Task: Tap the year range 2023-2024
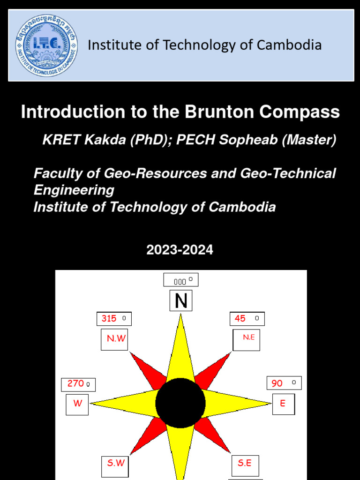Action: point(180,250)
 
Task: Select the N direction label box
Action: point(181,300)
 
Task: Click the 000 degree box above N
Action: point(181,280)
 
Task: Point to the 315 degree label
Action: point(114,319)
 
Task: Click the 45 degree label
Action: point(247,319)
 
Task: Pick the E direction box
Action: point(284,404)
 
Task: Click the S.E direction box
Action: point(245,465)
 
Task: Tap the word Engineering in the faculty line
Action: point(74,190)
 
